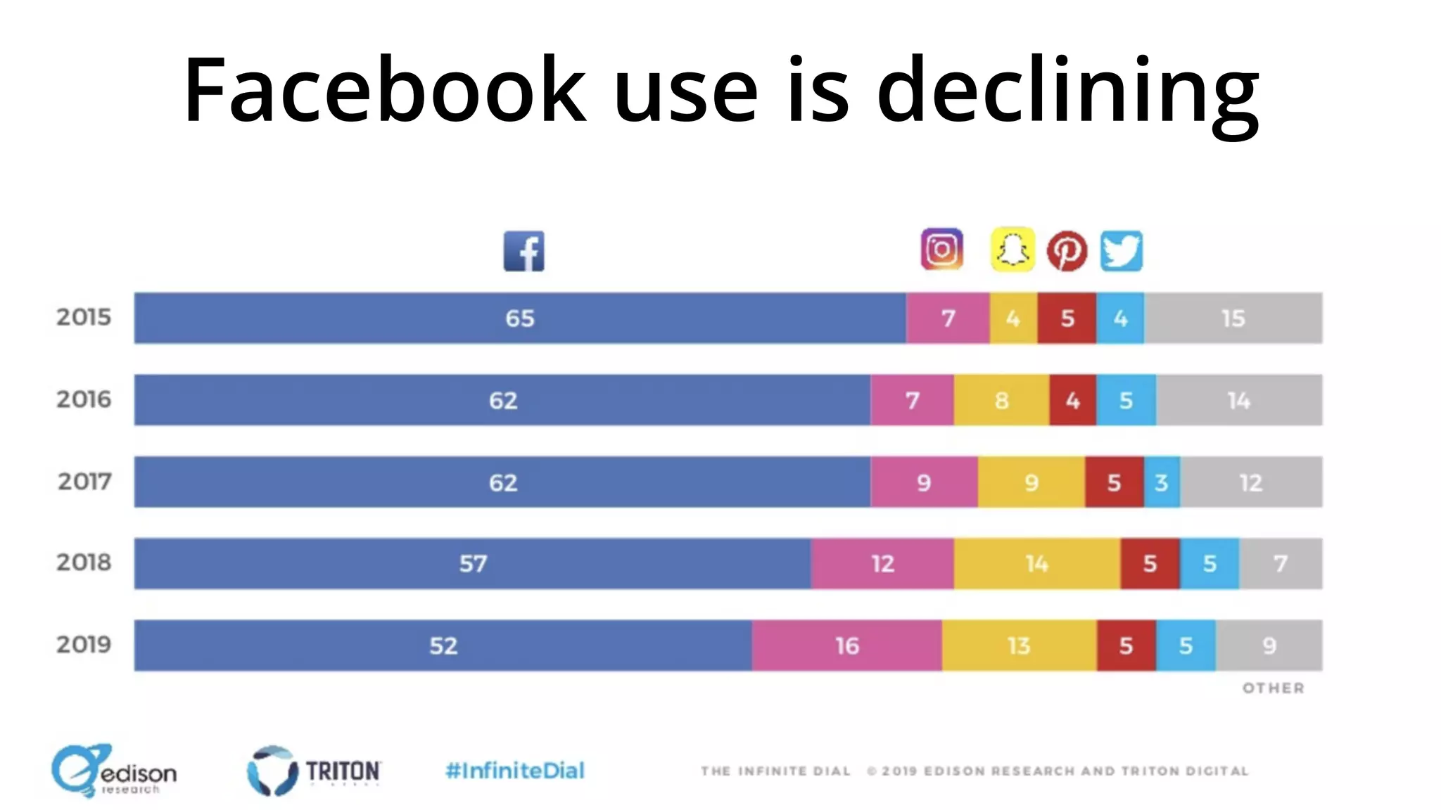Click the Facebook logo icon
(523, 251)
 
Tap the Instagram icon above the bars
(941, 250)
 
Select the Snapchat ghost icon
(1012, 250)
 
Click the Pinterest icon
(1067, 251)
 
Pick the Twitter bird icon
(1122, 251)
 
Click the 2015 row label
(84, 317)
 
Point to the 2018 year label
(84, 562)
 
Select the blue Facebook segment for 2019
(443, 645)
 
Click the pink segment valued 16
(846, 645)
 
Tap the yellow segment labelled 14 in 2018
(1036, 563)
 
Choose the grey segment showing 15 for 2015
(1233, 318)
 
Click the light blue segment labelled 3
(1162, 482)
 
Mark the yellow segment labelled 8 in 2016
(1001, 400)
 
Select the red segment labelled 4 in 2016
(1072, 400)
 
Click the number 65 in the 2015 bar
(520, 319)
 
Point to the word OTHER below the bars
(1273, 688)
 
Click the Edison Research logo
(114, 771)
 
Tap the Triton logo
(314, 771)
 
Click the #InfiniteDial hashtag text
(515, 771)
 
